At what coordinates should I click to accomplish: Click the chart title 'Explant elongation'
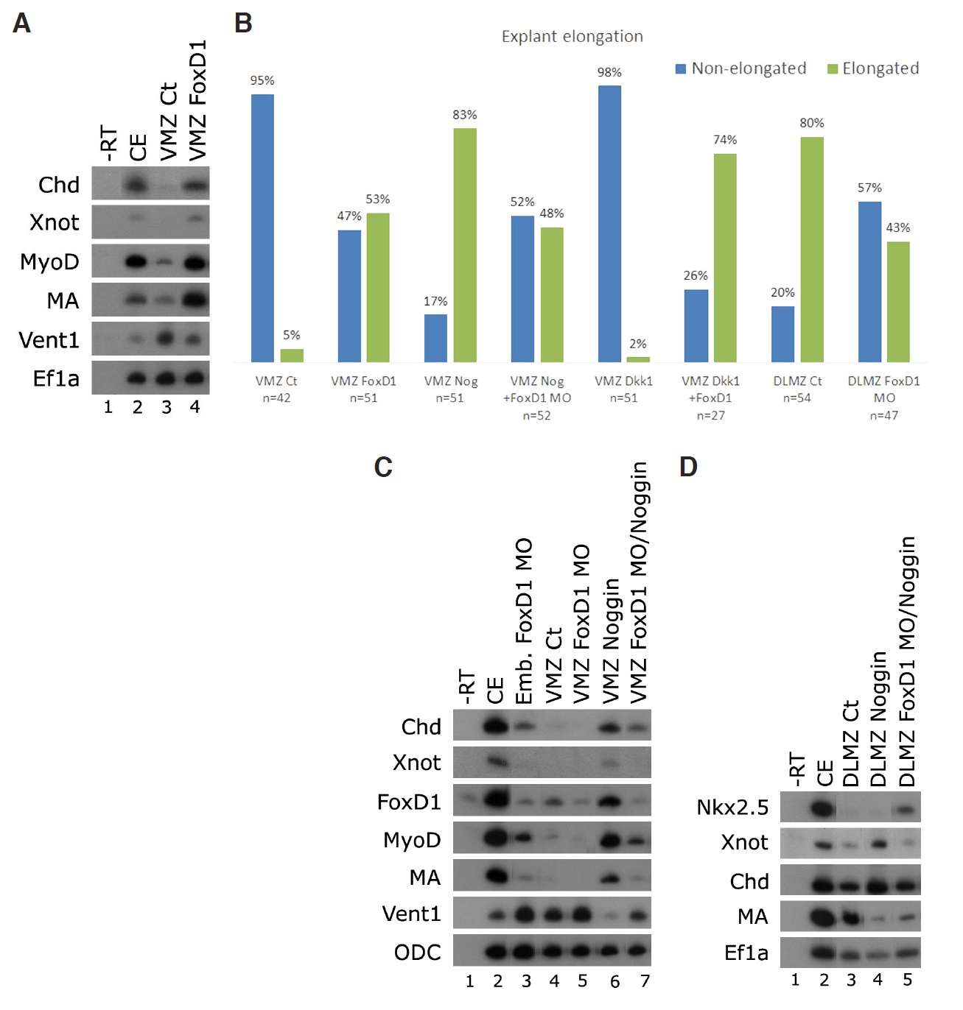coord(572,36)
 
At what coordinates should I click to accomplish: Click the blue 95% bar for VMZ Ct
coord(262,227)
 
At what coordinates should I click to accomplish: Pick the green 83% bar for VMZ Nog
coord(464,244)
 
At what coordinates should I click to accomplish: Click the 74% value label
coord(724,140)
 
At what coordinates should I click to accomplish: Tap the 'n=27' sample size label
coord(710,415)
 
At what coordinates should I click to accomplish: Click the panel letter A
coord(21,24)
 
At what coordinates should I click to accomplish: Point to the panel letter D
coord(687,467)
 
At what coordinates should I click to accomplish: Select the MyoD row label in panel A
coord(49,262)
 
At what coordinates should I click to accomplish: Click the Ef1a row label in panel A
coord(56,378)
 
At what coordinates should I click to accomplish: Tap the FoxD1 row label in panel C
coord(409,802)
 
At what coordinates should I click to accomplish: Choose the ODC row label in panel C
coord(417,953)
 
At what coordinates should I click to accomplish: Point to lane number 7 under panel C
coord(645,981)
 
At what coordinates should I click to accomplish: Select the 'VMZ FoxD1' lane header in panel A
coord(197,100)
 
